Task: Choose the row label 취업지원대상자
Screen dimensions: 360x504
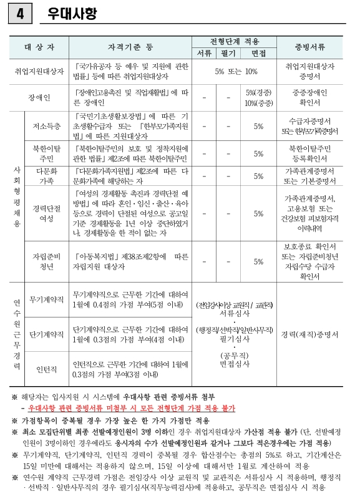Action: pyautogui.click(x=39, y=72)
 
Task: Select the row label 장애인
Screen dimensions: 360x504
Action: pyautogui.click(x=39, y=98)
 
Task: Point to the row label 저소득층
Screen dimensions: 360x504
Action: pyautogui.click(x=47, y=126)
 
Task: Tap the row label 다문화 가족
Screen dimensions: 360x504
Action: pyautogui.click(x=47, y=175)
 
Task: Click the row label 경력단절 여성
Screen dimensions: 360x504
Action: pyautogui.click(x=47, y=213)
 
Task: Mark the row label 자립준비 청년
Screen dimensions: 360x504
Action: pyautogui.click(x=47, y=261)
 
